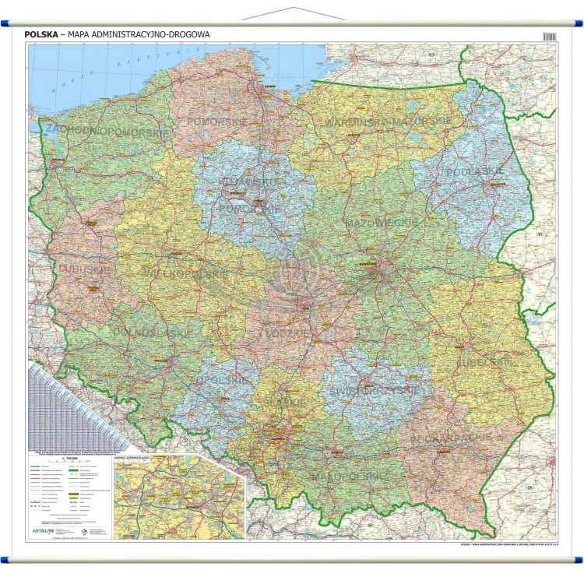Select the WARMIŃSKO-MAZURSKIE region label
coord(388,122)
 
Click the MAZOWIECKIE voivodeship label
coord(382,223)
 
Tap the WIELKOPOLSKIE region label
coord(185,274)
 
